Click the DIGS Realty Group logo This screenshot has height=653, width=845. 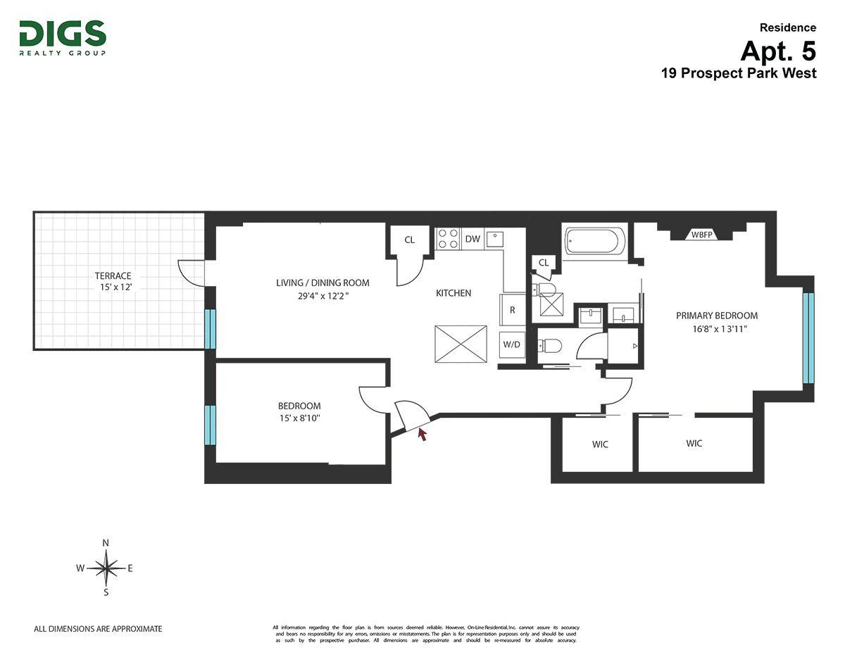tap(63, 38)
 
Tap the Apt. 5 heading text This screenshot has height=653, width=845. tap(777, 51)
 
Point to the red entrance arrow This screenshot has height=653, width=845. tap(423, 434)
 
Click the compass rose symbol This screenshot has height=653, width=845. tap(106, 568)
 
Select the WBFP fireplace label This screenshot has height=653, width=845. tap(701, 235)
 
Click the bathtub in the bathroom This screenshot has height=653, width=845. tap(594, 241)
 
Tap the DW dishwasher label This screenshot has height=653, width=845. tap(472, 239)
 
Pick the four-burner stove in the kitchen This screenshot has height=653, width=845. tap(448, 238)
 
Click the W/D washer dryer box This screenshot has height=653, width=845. tap(512, 344)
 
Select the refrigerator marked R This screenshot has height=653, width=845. tap(512, 310)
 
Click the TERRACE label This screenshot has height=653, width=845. tap(113, 275)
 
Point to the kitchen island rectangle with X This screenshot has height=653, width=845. tap(461, 344)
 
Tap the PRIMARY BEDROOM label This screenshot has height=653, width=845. tap(717, 316)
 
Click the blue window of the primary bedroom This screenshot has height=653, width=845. tap(808, 338)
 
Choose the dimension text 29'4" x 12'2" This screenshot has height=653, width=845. tap(323, 296)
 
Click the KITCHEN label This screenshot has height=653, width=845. tap(453, 293)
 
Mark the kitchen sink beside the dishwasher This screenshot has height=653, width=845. tap(495, 240)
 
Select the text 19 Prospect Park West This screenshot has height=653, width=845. tap(739, 73)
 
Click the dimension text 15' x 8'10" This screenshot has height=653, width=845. tap(299, 418)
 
